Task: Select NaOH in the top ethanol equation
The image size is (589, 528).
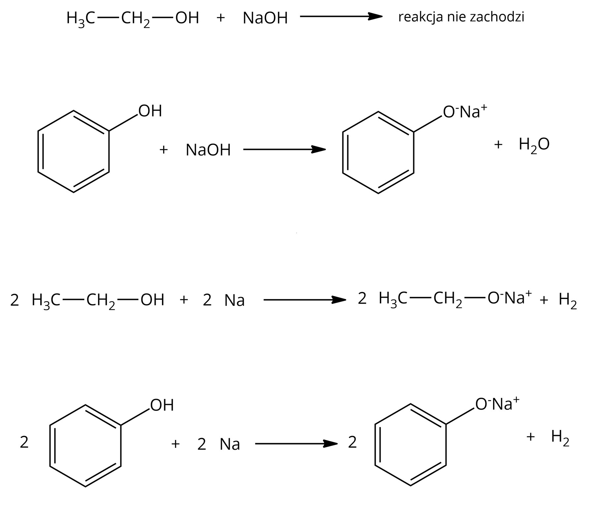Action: tap(265, 18)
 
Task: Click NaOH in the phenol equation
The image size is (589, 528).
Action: tap(208, 150)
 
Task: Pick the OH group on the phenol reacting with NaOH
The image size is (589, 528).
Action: tap(150, 111)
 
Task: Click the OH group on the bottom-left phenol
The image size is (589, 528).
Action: tap(162, 405)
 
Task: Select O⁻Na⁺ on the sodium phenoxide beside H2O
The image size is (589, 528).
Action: tap(465, 112)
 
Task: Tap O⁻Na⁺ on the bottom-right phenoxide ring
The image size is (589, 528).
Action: tap(497, 404)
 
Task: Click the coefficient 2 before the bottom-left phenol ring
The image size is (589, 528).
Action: tap(24, 443)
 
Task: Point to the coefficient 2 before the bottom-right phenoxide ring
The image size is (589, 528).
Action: tap(353, 443)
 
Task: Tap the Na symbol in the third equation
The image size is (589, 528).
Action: tap(234, 301)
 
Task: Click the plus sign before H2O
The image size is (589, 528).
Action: tap(498, 144)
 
